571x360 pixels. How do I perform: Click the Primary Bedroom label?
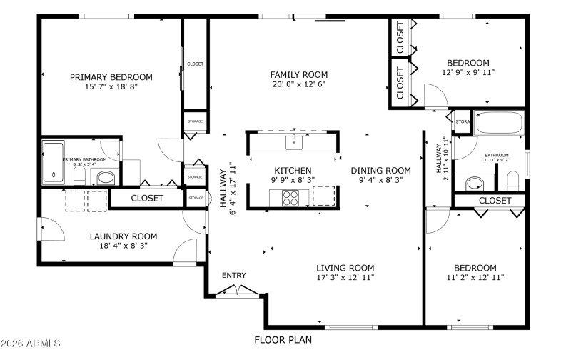(111, 77)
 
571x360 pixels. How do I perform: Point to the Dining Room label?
(380, 170)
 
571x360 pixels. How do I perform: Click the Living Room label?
(345, 268)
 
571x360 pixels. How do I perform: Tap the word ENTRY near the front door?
(233, 276)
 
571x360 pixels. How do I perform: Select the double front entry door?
(233, 290)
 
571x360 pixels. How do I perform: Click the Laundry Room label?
(123, 236)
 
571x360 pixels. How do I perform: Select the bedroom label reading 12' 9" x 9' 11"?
(468, 72)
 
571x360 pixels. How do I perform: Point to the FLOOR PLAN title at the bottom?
(283, 340)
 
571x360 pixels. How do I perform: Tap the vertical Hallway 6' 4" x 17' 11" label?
(227, 187)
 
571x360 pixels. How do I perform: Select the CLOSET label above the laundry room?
(146, 198)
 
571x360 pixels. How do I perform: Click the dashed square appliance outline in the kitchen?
(323, 196)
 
